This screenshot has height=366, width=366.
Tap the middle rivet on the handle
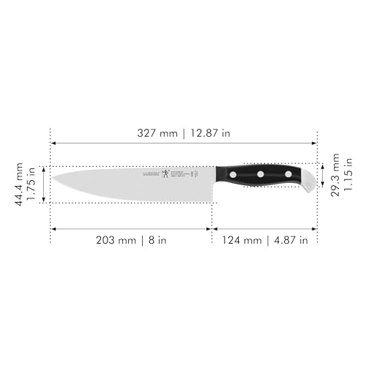(260, 174)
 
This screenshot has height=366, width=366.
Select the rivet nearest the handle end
(288, 174)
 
